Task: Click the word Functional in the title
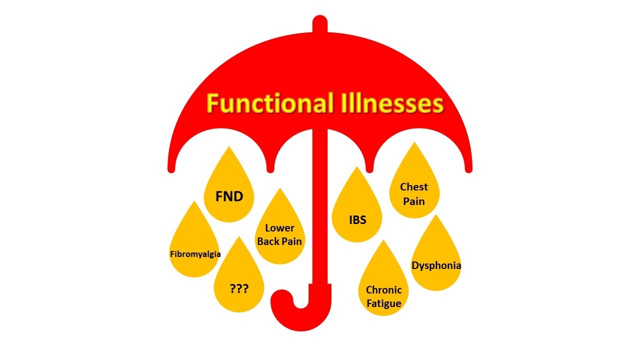point(270,104)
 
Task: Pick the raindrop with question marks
point(239,285)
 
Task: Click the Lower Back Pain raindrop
point(279,232)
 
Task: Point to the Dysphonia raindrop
point(436,260)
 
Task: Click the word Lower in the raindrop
point(279,228)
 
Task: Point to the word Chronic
point(383,290)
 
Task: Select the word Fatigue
point(383,303)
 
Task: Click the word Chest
point(414,187)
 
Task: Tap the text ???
point(239,288)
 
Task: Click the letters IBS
point(357,220)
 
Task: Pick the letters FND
point(229,196)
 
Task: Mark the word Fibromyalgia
point(195,254)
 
